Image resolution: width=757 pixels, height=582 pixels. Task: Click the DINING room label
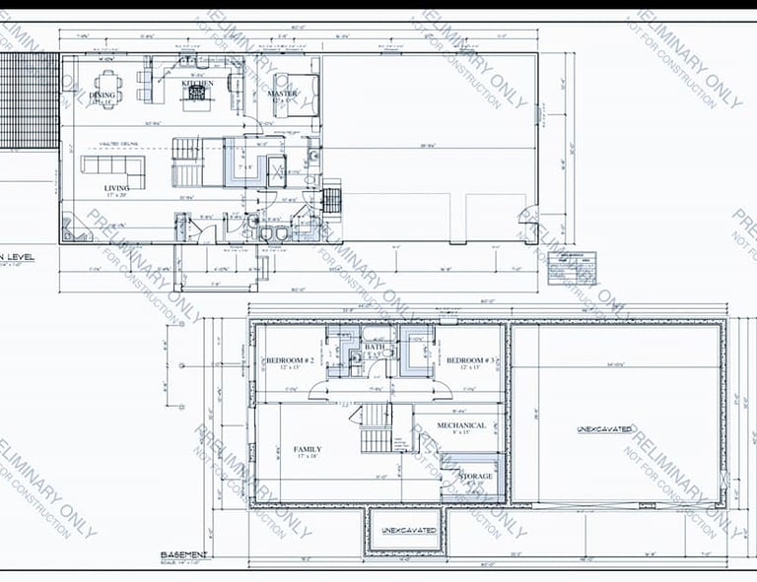(x=102, y=96)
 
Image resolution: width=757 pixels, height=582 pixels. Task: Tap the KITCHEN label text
(x=197, y=84)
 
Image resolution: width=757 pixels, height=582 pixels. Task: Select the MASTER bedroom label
(x=282, y=94)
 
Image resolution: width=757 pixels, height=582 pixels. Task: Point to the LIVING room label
(x=117, y=187)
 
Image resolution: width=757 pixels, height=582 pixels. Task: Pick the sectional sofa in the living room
(x=112, y=166)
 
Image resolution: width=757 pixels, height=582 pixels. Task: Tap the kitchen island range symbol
(x=196, y=96)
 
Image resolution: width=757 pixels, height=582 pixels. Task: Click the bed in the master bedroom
(x=302, y=95)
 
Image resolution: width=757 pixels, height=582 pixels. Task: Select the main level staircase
(x=186, y=162)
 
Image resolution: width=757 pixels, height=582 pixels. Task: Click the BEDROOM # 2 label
(x=289, y=361)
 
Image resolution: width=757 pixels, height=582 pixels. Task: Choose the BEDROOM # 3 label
(x=469, y=361)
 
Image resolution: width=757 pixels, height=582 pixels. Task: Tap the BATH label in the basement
(x=374, y=347)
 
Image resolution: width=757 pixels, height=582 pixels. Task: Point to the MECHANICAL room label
(x=461, y=425)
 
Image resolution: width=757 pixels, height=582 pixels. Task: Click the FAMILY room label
(x=307, y=449)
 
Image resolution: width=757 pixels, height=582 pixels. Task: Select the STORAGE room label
(x=474, y=477)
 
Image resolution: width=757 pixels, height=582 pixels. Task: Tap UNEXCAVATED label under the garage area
(x=605, y=429)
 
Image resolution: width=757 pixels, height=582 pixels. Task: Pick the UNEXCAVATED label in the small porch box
(x=408, y=531)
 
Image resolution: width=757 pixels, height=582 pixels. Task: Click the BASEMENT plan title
(x=183, y=555)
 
